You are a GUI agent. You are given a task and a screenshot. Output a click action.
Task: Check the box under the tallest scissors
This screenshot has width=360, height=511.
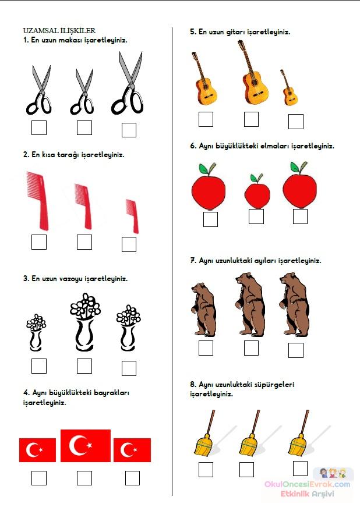click(129, 130)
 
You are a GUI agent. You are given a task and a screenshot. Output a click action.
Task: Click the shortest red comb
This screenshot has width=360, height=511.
click(132, 216)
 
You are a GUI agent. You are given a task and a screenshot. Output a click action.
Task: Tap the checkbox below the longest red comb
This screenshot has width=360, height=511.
click(39, 242)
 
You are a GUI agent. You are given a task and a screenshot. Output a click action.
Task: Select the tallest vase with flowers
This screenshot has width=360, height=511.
click(85, 322)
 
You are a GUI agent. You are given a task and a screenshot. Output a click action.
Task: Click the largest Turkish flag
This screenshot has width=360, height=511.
click(86, 445)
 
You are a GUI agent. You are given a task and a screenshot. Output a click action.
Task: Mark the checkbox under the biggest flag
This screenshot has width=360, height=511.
click(84, 478)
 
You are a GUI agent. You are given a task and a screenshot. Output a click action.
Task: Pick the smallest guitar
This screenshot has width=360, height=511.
click(289, 87)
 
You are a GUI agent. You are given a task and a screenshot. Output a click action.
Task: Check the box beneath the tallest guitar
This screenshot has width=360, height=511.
click(251, 119)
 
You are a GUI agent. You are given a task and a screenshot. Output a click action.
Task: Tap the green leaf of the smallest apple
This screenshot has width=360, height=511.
click(254, 178)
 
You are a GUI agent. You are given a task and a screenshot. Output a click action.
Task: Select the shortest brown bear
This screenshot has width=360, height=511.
click(204, 309)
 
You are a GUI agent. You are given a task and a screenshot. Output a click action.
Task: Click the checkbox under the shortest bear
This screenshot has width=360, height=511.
click(206, 348)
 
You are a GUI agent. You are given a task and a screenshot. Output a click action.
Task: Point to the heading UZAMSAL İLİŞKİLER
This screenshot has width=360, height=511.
click(59, 31)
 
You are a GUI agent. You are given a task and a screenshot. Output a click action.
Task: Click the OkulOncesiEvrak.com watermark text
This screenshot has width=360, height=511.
click(308, 484)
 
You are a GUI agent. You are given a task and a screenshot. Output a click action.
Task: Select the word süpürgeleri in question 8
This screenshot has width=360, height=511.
click(274, 385)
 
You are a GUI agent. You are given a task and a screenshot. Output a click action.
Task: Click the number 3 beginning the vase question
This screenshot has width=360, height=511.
click(25, 279)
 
